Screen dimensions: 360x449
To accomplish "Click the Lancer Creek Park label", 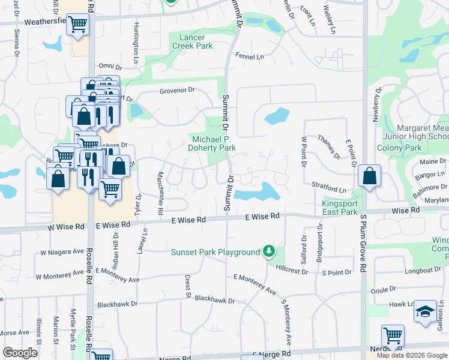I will click(x=196, y=41).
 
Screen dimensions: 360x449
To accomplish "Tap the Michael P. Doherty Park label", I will click(x=211, y=143).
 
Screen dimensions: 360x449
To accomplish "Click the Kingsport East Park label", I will click(x=340, y=208).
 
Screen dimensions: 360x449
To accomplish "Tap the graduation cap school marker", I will click(x=426, y=312).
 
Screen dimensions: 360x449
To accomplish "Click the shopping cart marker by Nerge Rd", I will click(x=393, y=335).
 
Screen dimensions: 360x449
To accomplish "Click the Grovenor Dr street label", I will click(x=177, y=91).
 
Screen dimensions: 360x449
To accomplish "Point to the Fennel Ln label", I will click(x=250, y=56).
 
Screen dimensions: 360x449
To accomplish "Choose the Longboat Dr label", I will click(x=423, y=271).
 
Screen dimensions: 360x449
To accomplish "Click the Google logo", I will click(x=20, y=353).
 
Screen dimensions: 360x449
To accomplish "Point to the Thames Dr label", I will click(x=328, y=145).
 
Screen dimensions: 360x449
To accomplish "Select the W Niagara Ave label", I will click(x=62, y=253).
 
